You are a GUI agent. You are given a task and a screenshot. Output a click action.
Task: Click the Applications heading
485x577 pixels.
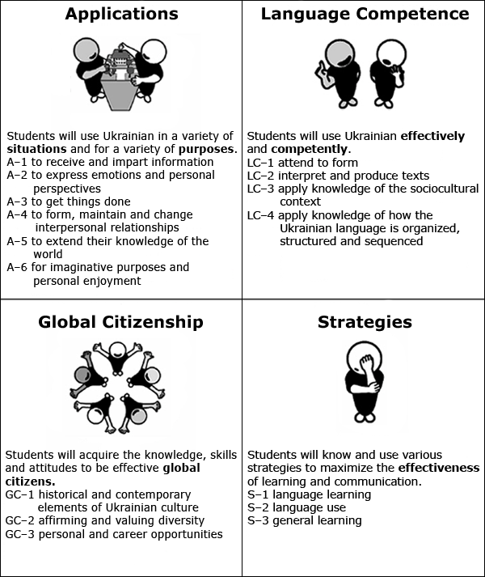[122, 15]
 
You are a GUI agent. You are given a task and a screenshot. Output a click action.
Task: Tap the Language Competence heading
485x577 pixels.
[365, 15]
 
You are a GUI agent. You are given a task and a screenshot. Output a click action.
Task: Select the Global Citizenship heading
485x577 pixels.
[120, 322]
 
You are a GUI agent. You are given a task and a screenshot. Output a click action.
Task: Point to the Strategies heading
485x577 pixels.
[365, 322]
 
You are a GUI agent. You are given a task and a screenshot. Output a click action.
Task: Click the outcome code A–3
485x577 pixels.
[17, 202]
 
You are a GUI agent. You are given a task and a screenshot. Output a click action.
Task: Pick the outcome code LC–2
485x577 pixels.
[260, 176]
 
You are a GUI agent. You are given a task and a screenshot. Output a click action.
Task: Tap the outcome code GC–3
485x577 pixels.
[19, 534]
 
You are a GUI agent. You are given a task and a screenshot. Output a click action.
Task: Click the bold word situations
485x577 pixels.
[36, 149]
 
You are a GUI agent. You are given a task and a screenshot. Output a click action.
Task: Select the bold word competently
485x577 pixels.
[310, 149]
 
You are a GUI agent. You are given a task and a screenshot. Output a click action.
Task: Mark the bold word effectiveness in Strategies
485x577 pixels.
[439, 468]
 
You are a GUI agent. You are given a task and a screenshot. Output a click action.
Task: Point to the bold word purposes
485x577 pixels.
[206, 150]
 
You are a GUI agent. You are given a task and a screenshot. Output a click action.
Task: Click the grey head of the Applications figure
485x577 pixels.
[86, 50]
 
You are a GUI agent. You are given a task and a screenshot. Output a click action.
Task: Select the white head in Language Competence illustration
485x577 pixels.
[392, 54]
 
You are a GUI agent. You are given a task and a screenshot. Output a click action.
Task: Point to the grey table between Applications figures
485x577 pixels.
[117, 94]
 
